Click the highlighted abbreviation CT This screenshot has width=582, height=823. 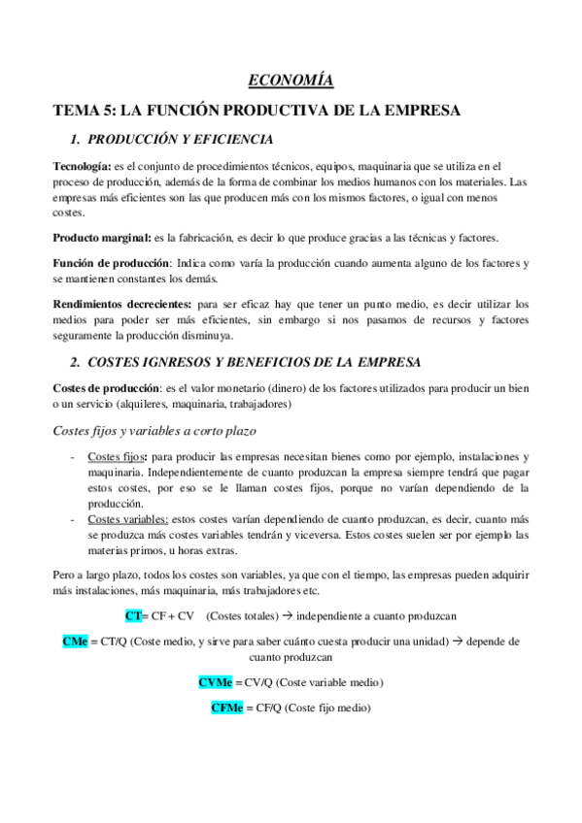pos(133,615)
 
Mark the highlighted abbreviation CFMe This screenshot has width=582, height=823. pos(226,708)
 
